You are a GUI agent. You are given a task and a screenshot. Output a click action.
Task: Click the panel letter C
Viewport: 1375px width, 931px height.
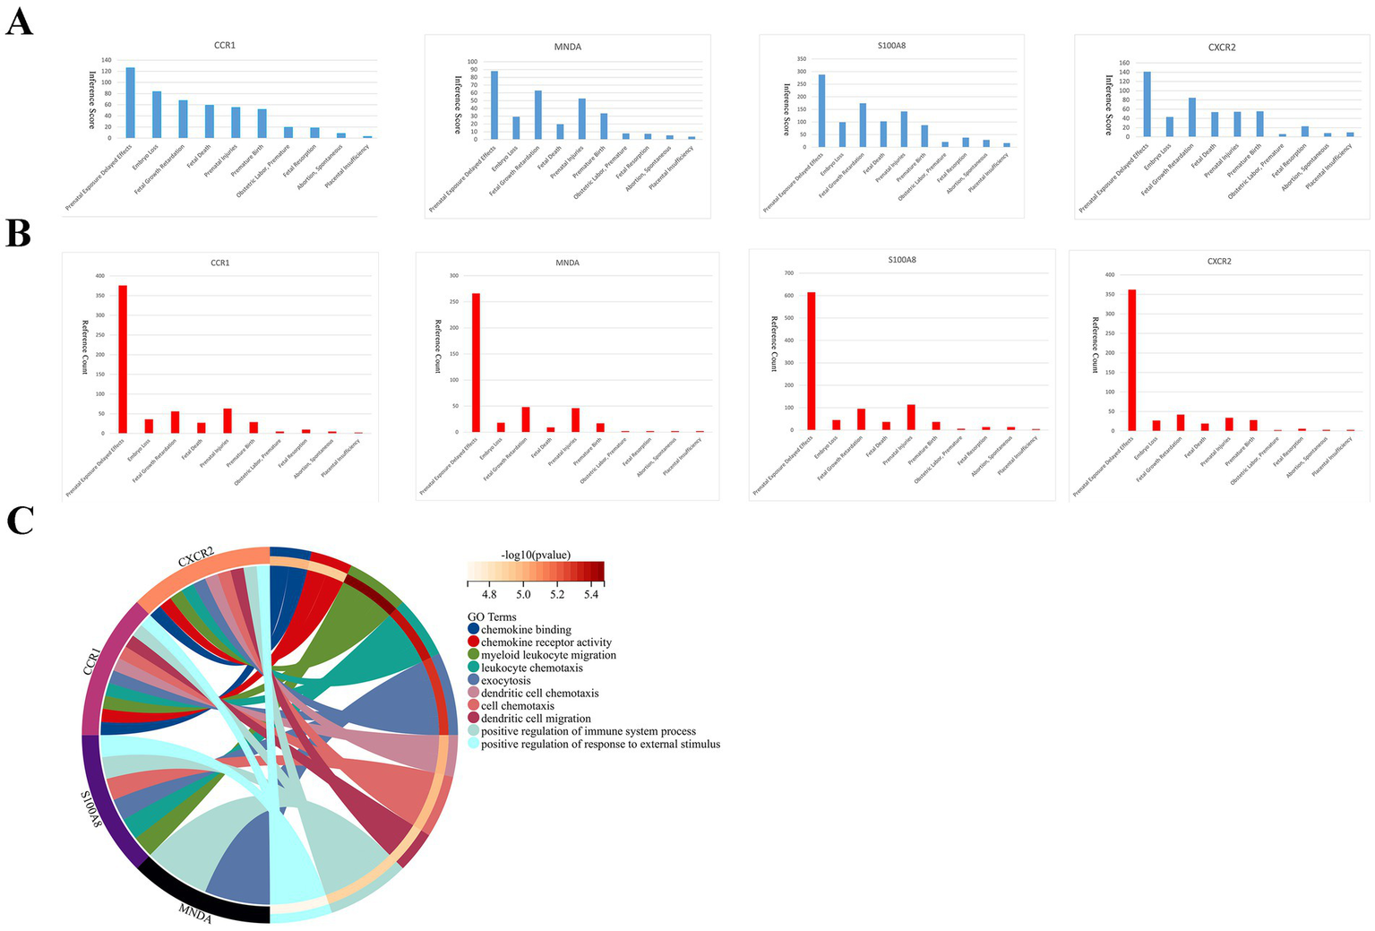(x=20, y=520)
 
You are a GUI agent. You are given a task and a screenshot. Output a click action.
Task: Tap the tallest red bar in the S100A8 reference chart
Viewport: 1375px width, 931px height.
(x=812, y=361)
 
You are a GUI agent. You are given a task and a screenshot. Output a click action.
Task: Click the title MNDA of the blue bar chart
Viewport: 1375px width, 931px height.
(x=567, y=47)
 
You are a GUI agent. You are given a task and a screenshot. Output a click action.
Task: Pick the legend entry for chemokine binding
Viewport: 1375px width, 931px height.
(x=525, y=630)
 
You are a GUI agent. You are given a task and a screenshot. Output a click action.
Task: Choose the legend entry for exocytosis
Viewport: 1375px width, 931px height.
(x=505, y=681)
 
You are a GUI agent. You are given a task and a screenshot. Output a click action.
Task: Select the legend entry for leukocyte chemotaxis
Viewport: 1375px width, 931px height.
(x=531, y=668)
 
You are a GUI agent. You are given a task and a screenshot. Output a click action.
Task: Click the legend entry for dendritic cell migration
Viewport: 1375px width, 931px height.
(x=535, y=719)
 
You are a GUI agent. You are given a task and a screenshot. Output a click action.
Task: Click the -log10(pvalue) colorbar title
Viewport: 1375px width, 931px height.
(x=536, y=555)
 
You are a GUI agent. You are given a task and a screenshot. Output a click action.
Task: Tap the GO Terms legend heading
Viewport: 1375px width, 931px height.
(x=492, y=617)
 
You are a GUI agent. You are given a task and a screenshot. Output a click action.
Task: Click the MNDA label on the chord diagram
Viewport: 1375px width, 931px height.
(x=194, y=914)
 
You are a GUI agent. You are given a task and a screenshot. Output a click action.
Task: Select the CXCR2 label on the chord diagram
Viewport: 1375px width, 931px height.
(x=195, y=558)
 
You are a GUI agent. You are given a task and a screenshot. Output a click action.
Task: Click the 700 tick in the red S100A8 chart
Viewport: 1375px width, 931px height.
(x=788, y=272)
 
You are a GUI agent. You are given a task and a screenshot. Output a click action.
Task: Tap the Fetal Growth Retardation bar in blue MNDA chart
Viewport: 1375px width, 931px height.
(x=538, y=115)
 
